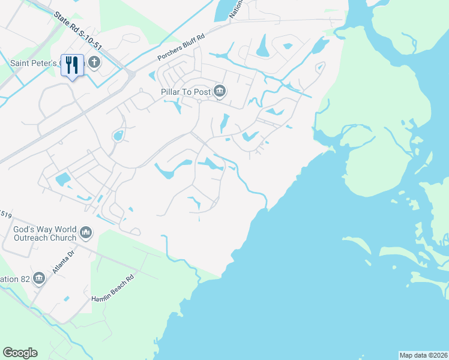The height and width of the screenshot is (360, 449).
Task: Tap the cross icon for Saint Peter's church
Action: tap(94, 62)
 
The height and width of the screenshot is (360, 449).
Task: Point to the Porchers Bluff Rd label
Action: tap(181, 47)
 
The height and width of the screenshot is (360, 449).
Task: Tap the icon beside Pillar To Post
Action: tap(220, 91)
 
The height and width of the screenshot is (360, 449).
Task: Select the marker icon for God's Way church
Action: tap(86, 232)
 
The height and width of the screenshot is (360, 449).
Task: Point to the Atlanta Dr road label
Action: tap(61, 262)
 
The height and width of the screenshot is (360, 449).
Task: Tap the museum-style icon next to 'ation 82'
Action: tap(40, 278)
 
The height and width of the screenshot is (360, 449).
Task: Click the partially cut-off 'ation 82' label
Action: tap(14, 279)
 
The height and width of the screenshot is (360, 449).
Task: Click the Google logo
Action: tap(20, 353)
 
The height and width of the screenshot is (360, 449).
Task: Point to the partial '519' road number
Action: tap(5, 212)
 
